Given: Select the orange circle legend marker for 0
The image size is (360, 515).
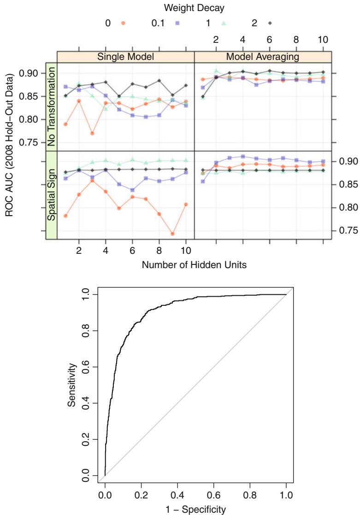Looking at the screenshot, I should [123, 22].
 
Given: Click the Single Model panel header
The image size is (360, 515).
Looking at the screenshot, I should [125, 57].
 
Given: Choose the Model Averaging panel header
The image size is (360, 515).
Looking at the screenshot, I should [263, 57].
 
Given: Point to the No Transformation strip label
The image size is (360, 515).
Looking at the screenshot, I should [51, 106].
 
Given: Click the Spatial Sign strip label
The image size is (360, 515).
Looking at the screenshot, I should [51, 195].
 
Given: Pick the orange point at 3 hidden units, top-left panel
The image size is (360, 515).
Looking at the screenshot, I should [92, 133].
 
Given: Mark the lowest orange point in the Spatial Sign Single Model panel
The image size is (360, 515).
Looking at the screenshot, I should [172, 234].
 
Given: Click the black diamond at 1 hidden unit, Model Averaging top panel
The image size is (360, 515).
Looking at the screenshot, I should [203, 97].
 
